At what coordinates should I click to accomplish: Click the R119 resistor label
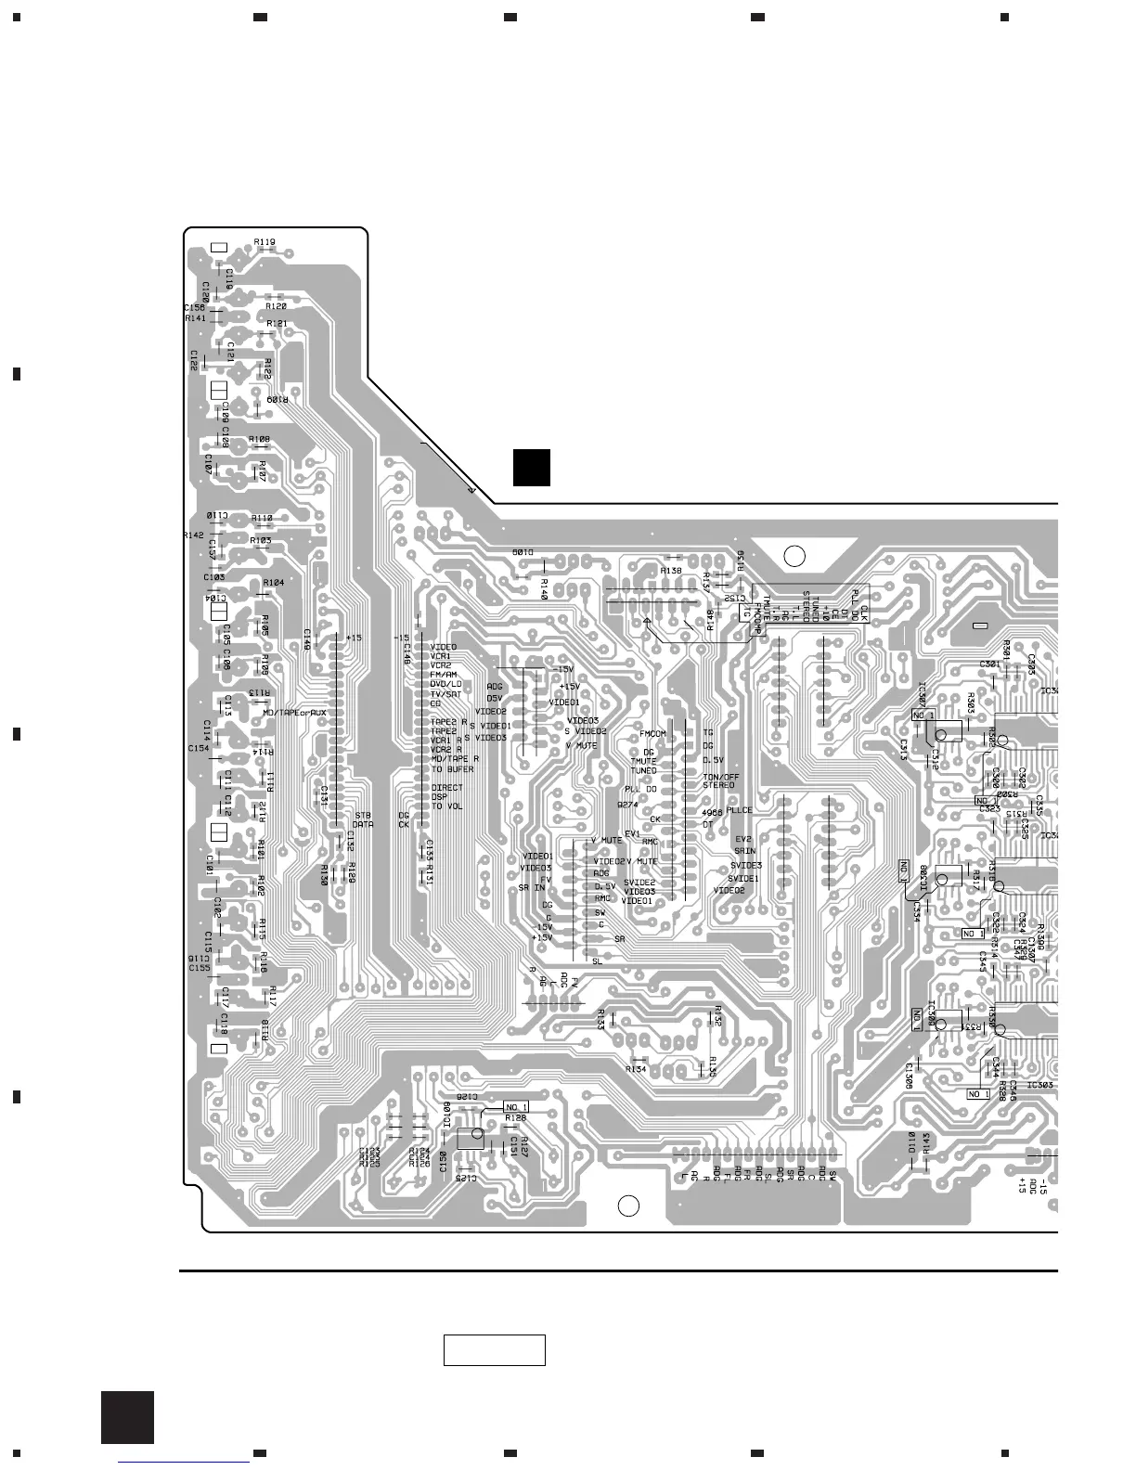click(265, 242)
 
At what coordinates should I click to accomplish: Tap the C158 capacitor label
click(194, 307)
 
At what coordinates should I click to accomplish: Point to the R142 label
click(193, 535)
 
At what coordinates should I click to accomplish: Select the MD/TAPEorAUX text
click(294, 713)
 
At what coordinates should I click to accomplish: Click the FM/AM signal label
click(444, 675)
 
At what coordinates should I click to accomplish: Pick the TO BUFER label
click(452, 768)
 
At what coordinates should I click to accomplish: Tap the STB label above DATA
click(363, 815)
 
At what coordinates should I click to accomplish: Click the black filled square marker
click(532, 467)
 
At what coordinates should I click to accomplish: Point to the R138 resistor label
click(671, 570)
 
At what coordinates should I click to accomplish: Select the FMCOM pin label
click(653, 734)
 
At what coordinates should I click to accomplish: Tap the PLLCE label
click(740, 810)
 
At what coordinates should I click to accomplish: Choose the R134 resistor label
click(636, 1069)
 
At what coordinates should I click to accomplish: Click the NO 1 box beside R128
click(516, 1106)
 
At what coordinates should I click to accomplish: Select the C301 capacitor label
click(989, 664)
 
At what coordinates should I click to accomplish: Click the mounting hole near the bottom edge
click(629, 1206)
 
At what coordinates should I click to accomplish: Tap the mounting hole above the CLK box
click(794, 556)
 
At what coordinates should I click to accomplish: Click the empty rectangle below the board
click(494, 1350)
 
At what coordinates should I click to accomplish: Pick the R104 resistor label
click(274, 582)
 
